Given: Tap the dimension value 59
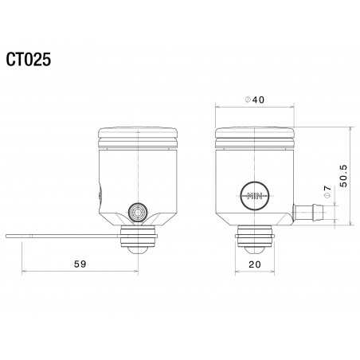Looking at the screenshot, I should (79, 263).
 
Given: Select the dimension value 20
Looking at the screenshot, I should (256, 263).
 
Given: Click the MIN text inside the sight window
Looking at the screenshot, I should (256, 195).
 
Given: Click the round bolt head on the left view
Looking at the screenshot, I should (138, 213).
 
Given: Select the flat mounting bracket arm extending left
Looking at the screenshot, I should (64, 237).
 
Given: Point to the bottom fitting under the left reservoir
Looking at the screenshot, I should (138, 239).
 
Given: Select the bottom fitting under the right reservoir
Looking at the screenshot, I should (256, 239).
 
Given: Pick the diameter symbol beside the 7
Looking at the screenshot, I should (327, 199).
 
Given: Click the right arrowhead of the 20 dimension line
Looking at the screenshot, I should (273, 271).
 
